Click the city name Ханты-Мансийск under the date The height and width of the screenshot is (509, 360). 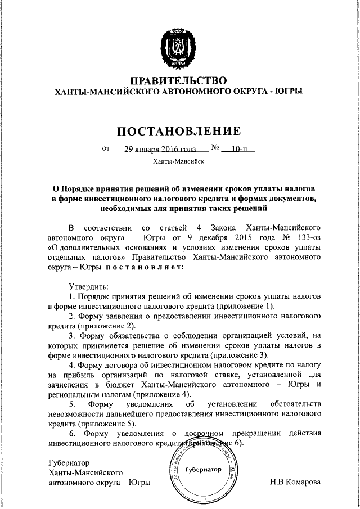179,162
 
